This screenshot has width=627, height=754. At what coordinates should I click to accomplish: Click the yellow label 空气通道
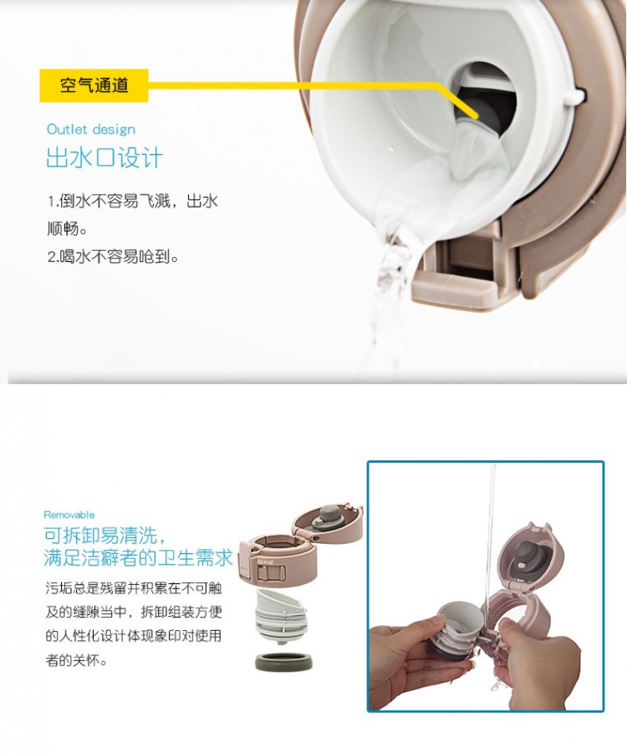pyautogui.click(x=94, y=85)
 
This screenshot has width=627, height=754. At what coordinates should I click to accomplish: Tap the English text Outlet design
pyautogui.click(x=91, y=130)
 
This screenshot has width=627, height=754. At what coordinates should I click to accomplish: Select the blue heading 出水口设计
pyautogui.click(x=104, y=157)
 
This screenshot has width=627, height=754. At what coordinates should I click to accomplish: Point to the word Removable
pyautogui.click(x=69, y=515)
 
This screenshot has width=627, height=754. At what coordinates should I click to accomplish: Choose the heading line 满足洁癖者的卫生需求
pyautogui.click(x=138, y=558)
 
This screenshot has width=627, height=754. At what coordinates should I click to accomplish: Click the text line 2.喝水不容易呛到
pyautogui.click(x=113, y=257)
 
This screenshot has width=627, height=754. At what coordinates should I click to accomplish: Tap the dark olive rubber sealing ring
pyautogui.click(x=283, y=661)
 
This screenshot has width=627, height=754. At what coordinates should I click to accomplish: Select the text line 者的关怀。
pyautogui.click(x=76, y=660)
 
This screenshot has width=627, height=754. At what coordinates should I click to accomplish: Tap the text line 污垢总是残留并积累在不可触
pyautogui.click(x=134, y=587)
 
